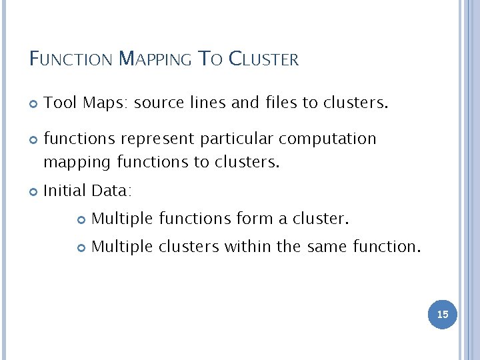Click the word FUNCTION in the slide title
coord(71,59)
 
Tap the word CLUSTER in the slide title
coord(264,59)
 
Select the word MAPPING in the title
coord(156,59)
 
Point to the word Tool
coord(60,103)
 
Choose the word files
coord(278,103)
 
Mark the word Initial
coord(64,191)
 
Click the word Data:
coord(112,191)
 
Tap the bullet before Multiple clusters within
coord(81,247)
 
